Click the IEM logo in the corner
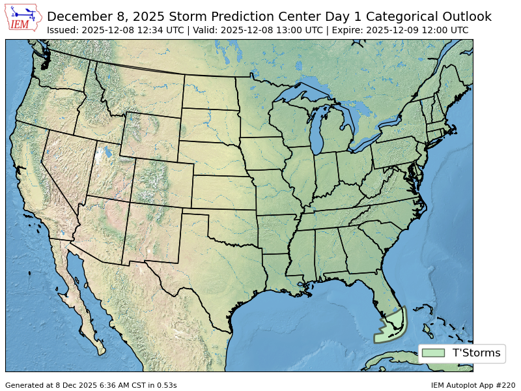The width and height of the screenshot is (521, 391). tap(23, 18)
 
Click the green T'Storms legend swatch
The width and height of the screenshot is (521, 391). tap(433, 353)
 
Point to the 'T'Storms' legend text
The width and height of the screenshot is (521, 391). tap(476, 353)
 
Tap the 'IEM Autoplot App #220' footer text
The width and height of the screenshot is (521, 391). tap(473, 385)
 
